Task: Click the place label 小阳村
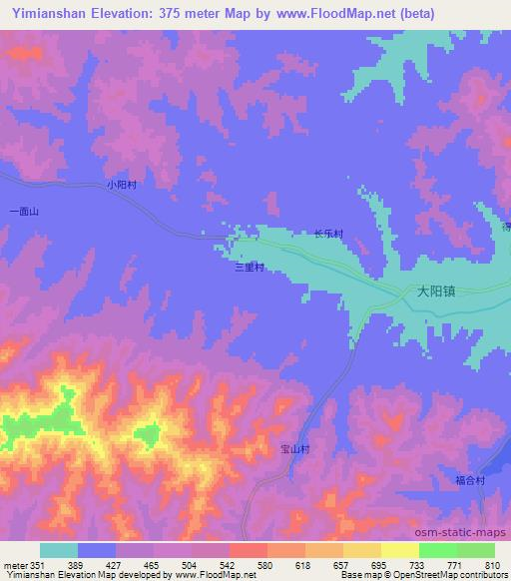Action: pyautogui.click(x=121, y=185)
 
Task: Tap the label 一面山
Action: pyautogui.click(x=22, y=212)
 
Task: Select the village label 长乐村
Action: pyautogui.click(x=328, y=235)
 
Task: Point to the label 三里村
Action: pyautogui.click(x=249, y=268)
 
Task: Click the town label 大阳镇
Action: pyautogui.click(x=436, y=293)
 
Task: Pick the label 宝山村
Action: pyautogui.click(x=295, y=450)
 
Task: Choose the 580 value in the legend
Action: pyautogui.click(x=265, y=565)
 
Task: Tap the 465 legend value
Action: pyautogui.click(x=153, y=565)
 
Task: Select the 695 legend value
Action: pyautogui.click(x=379, y=565)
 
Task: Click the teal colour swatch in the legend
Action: pyautogui.click(x=59, y=550)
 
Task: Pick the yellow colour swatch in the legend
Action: pyautogui.click(x=399, y=550)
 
